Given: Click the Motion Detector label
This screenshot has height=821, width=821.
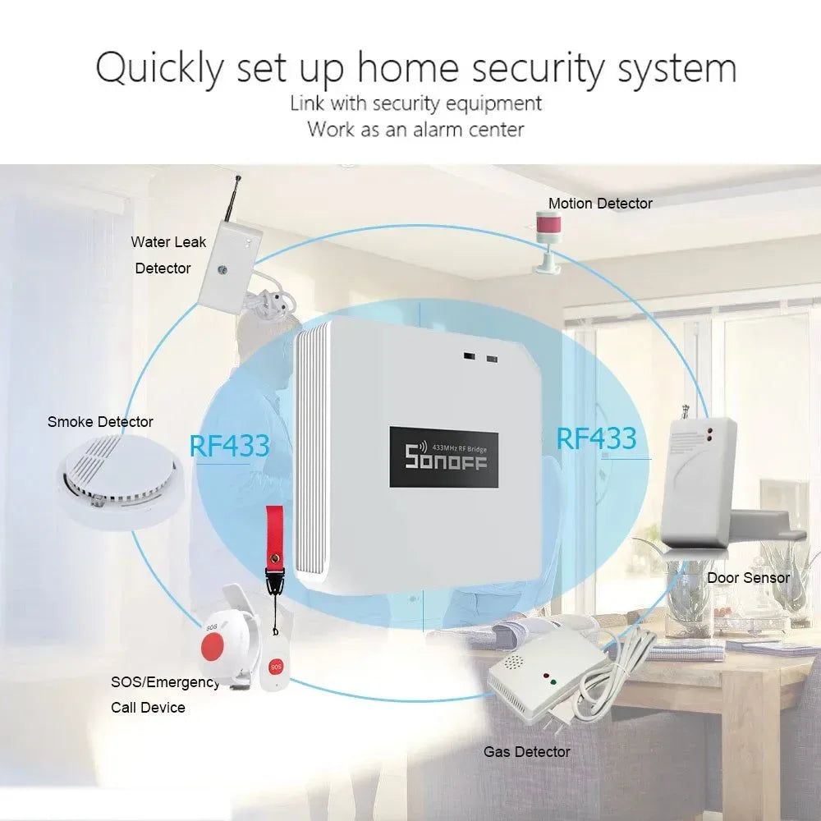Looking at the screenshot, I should (x=600, y=204).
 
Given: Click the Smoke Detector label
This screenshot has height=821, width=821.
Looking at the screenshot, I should (x=100, y=422).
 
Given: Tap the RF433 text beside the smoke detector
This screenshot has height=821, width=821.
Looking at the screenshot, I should (x=229, y=445).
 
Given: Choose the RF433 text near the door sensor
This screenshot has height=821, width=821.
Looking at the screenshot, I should (x=596, y=438).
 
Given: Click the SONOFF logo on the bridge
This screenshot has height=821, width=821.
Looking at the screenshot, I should (x=446, y=458).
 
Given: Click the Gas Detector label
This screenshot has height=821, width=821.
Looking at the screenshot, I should (x=526, y=751).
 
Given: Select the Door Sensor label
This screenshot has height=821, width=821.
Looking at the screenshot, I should (x=748, y=577).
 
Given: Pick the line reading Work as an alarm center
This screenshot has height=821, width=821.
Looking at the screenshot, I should (x=415, y=129).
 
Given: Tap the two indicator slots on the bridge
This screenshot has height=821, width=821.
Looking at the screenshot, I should (x=481, y=359).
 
